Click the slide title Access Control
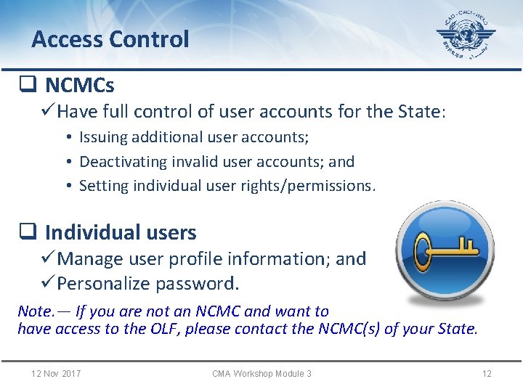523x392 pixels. click(110, 39)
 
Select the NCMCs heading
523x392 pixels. click(79, 86)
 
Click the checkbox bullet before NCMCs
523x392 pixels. click(28, 86)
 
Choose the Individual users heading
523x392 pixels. click(120, 232)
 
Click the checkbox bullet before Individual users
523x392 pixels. click(28, 232)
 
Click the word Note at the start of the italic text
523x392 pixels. click(35, 311)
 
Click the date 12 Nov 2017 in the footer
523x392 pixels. click(56, 373)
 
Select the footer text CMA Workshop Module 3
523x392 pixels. click(261, 373)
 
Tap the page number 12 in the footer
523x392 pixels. click(487, 373)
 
